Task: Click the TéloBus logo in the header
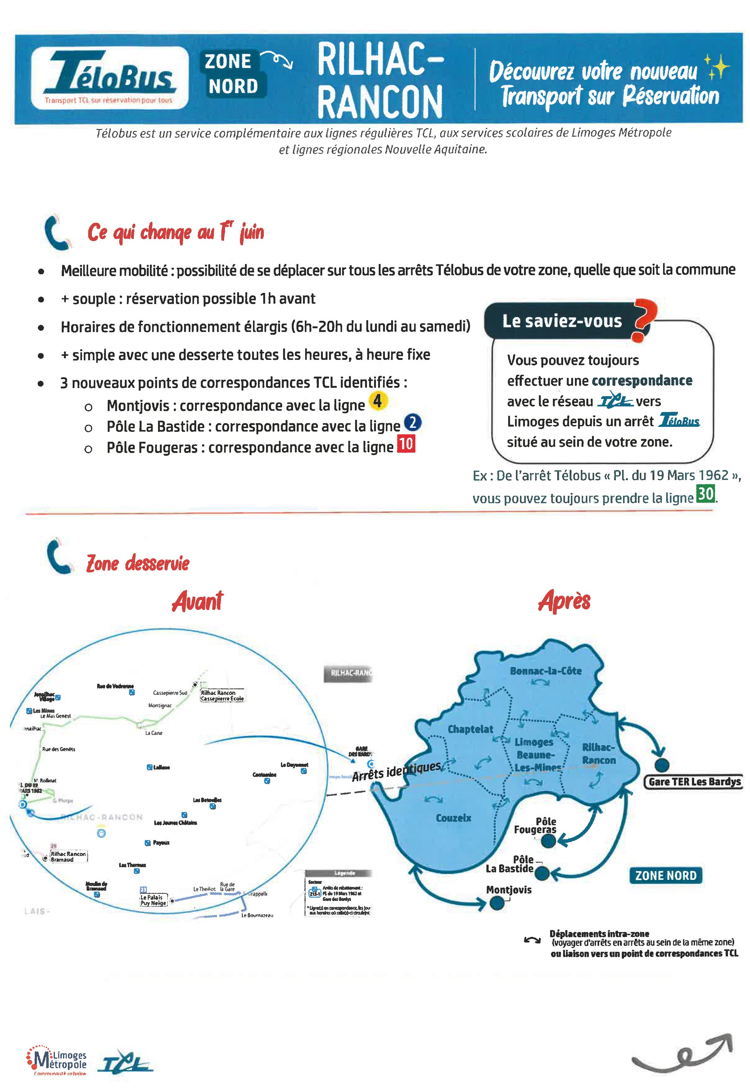[x=110, y=78]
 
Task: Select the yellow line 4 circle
[x=378, y=401]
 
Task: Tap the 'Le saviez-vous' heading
[x=562, y=321]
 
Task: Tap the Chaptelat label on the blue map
[x=470, y=729]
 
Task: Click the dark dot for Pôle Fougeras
[x=548, y=841]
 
